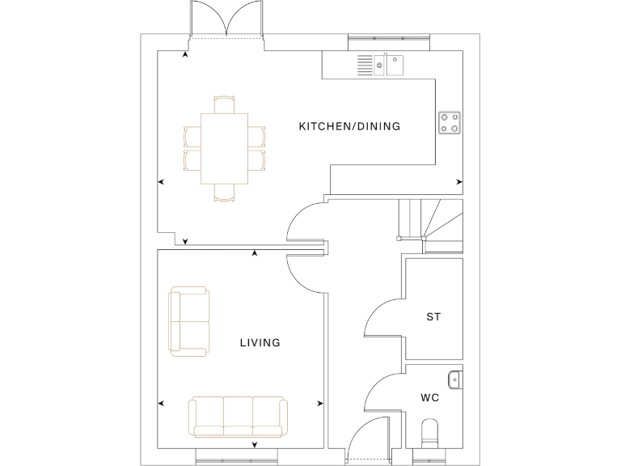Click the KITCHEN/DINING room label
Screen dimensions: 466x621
tap(349, 126)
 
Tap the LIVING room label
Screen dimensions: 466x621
tap(260, 343)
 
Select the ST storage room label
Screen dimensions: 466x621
tap(433, 317)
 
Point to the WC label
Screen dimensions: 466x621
tap(430, 398)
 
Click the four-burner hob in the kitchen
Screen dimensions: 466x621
tap(450, 122)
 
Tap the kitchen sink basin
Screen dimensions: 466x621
tap(394, 64)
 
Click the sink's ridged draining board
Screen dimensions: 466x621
tap(365, 65)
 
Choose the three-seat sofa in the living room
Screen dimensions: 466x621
tap(237, 416)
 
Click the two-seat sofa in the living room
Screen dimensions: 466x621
tap(188, 321)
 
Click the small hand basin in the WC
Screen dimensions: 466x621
tap(455, 377)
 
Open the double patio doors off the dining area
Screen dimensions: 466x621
tap(226, 20)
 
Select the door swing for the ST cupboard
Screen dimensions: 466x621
tap(384, 316)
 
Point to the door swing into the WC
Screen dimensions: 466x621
tap(384, 393)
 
